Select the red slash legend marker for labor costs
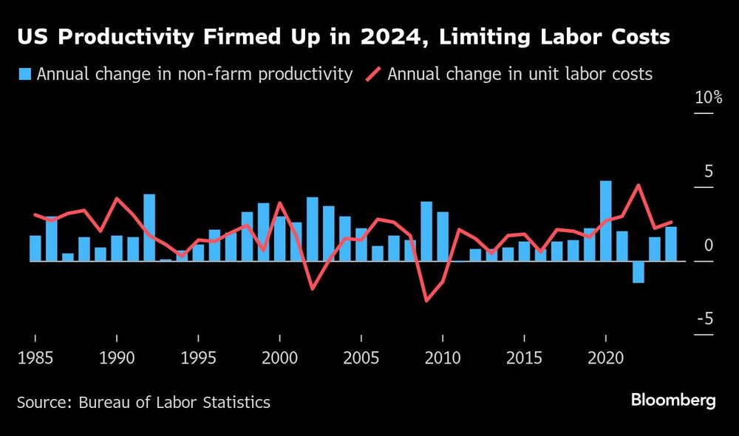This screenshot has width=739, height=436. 373,74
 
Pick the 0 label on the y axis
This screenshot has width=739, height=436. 708,245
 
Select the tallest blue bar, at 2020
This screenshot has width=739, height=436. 606,221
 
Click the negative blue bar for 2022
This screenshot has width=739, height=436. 638,272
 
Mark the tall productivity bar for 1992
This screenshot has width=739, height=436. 149,228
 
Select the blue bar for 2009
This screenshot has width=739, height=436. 426,231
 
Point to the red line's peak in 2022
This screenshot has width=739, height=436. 638,185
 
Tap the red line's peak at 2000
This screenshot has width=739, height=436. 280,202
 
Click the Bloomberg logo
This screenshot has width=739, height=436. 672,401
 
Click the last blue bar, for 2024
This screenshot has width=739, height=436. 671,244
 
